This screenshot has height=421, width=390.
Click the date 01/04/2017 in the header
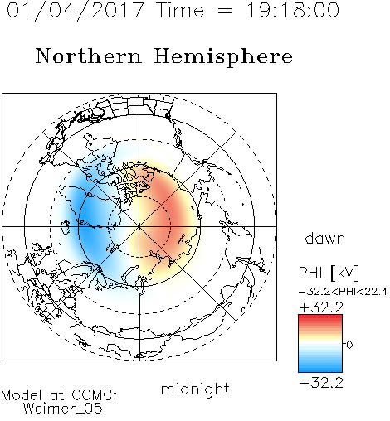[x=76, y=11]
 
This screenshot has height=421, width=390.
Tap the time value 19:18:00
[x=293, y=10]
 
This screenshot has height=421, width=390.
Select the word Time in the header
[x=180, y=10]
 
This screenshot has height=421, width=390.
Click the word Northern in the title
[x=89, y=56]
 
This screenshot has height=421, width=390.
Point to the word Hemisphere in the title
[x=223, y=57]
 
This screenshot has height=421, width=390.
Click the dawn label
[x=325, y=238]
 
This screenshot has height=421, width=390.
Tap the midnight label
[x=195, y=389]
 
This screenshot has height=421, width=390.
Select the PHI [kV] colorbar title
[x=329, y=273]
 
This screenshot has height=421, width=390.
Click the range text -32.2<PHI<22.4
[x=344, y=292]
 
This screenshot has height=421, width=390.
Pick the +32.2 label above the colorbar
[x=321, y=307]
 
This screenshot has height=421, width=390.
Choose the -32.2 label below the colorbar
[x=321, y=383]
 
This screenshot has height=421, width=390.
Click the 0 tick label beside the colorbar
[x=349, y=345]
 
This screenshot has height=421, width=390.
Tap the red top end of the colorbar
[x=320, y=317]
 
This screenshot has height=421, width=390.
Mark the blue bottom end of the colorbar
[x=320, y=370]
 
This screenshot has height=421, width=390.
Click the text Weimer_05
[x=63, y=409]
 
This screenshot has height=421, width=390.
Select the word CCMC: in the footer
[x=95, y=395]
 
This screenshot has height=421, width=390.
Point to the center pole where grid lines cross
[x=139, y=226]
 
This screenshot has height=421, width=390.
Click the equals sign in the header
[x=225, y=11]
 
